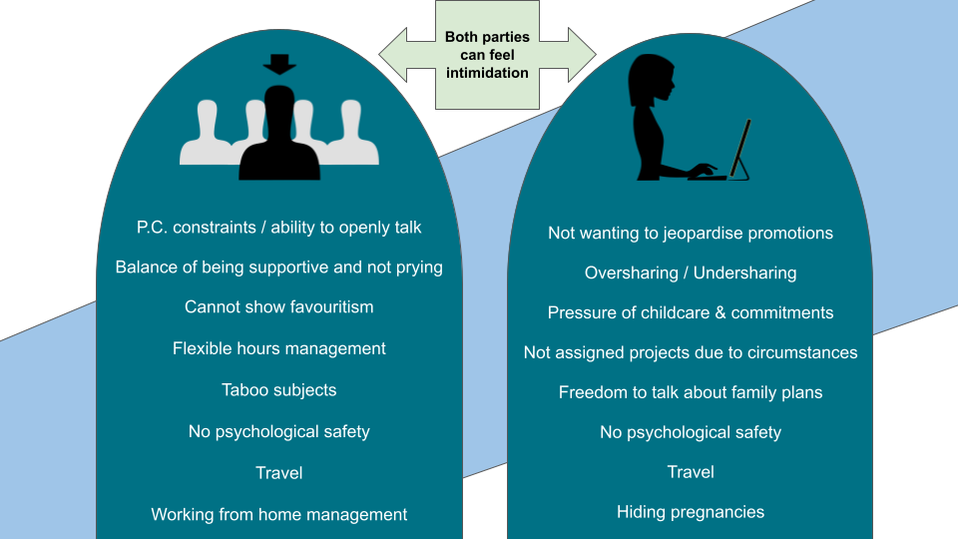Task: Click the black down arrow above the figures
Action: (279, 65)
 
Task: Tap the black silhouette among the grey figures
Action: (279, 140)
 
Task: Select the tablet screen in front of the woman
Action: (740, 150)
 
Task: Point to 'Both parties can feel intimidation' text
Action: (487, 55)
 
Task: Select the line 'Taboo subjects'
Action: (279, 390)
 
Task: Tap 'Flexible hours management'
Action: (279, 349)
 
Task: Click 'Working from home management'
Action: (279, 515)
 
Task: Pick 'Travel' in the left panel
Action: (279, 473)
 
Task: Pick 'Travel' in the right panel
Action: (691, 472)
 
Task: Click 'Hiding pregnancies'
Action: (691, 513)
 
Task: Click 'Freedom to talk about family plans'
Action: (691, 392)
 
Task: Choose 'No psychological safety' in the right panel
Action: (691, 432)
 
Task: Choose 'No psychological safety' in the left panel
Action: (279, 432)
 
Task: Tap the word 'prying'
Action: (418, 268)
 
